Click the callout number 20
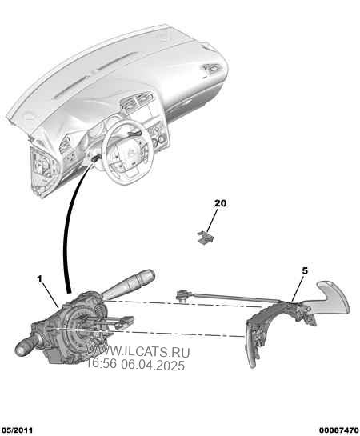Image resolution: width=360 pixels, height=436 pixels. pyautogui.click(x=220, y=203)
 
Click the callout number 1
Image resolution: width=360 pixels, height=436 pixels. pyautogui.click(x=40, y=278)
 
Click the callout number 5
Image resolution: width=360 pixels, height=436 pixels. pyautogui.click(x=305, y=270)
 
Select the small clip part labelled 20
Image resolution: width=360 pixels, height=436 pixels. pyautogui.click(x=206, y=238)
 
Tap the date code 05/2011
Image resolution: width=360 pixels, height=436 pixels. pyautogui.click(x=17, y=430)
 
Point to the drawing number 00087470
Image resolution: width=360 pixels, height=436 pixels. pyautogui.click(x=339, y=430)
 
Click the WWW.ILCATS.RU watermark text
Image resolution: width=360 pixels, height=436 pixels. pyautogui.click(x=138, y=352)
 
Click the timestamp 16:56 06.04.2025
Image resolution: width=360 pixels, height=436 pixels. pyautogui.click(x=136, y=365)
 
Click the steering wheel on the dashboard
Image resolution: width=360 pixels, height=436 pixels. pyautogui.click(x=127, y=150)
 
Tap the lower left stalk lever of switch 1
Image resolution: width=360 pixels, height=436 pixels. pyautogui.click(x=26, y=346)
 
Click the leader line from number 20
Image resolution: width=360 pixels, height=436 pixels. pyautogui.click(x=213, y=220)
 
